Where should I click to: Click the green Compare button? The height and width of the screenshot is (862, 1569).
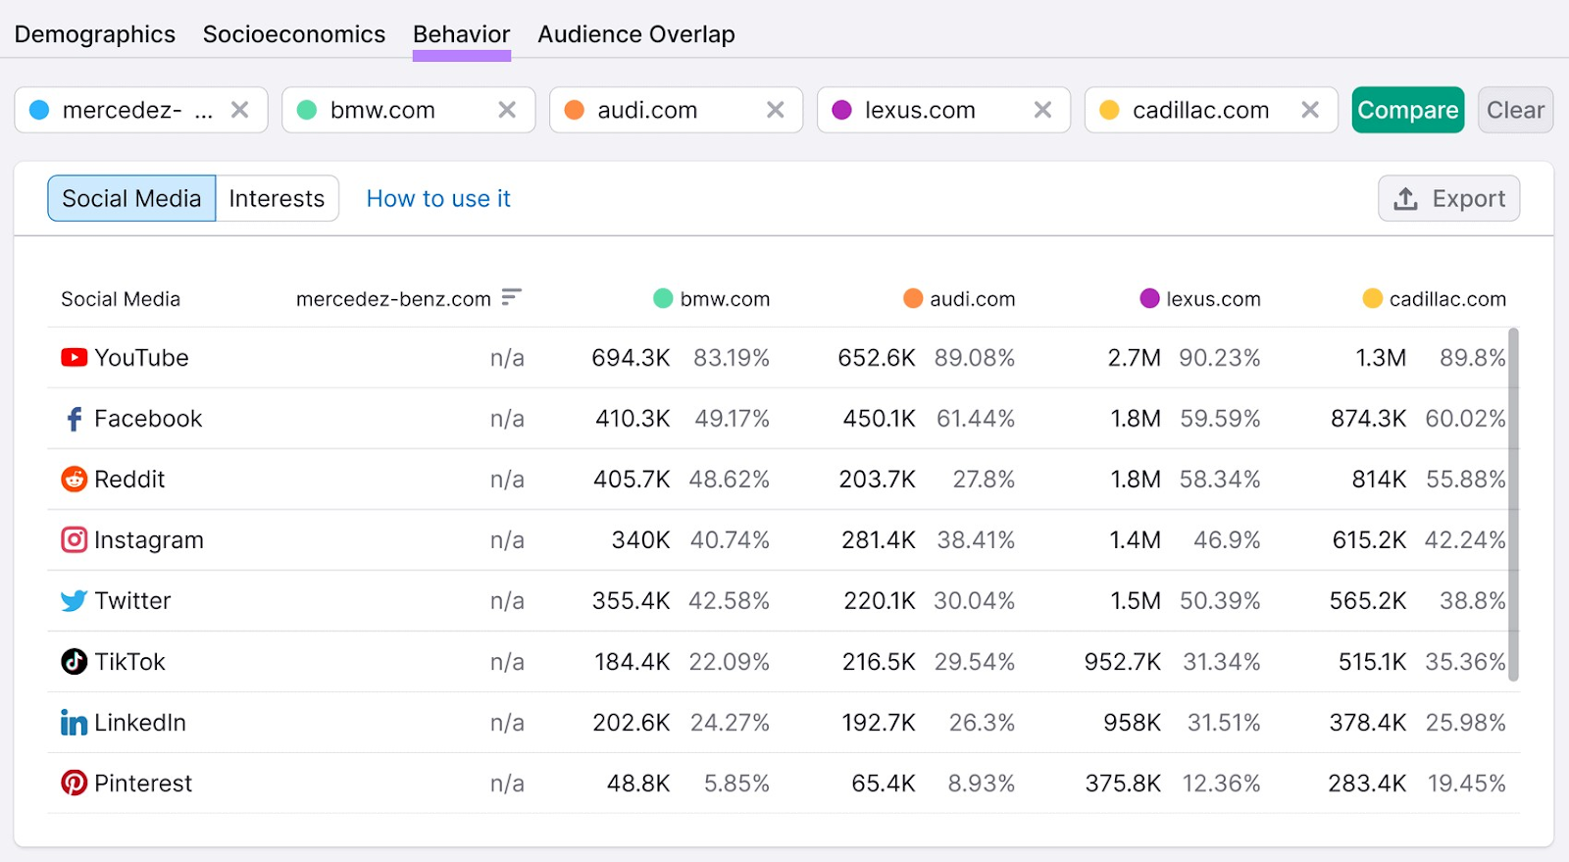coord(1407,110)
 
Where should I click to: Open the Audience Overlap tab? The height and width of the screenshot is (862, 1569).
coord(635,34)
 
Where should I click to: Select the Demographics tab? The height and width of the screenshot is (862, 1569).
coord(95,34)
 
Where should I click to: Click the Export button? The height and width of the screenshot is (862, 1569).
coord(1448,199)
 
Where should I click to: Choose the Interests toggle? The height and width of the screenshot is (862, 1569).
coord(277,199)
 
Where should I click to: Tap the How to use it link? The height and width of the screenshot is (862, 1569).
coord(438,199)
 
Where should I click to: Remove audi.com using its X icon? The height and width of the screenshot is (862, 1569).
coord(775,110)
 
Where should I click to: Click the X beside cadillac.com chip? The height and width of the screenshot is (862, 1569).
coord(1310,110)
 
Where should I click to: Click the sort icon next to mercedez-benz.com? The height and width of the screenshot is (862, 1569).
coord(511,297)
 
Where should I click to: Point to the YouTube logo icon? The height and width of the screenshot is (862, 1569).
coord(75,358)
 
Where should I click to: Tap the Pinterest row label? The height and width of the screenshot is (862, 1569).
coord(143,784)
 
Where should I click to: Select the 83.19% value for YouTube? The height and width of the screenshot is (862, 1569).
coord(731,358)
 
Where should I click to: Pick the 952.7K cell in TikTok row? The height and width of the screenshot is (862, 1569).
coord(1122,662)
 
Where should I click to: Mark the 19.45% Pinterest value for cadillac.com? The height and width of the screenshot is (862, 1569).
coord(1465,784)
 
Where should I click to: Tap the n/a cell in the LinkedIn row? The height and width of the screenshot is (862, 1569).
coord(507,723)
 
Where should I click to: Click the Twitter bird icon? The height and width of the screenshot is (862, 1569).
coord(75,601)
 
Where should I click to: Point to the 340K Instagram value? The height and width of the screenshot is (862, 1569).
coord(640,540)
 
